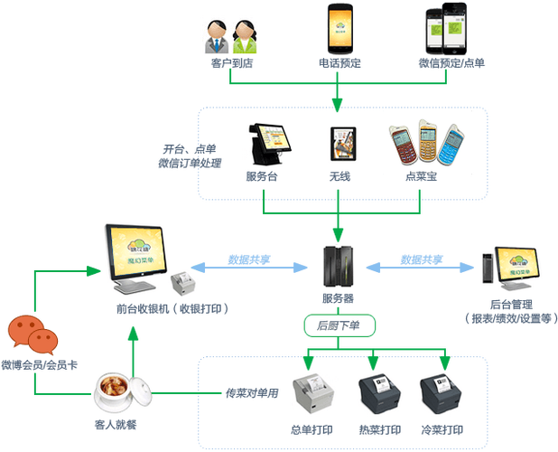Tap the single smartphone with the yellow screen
pyautogui.click(x=338, y=31)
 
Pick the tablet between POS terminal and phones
pyautogui.click(x=343, y=145)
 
